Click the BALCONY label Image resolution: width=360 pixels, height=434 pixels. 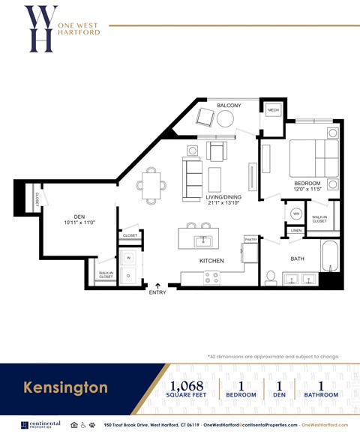coord(229,106)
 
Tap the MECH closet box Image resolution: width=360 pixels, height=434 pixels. coord(273,111)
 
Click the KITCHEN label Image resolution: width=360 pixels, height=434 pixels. coord(211,260)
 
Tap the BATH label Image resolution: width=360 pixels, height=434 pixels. coord(298,259)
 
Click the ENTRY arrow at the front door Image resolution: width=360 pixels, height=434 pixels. coord(158,285)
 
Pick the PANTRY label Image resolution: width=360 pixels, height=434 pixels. coord(250,239)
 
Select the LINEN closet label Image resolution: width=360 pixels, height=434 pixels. coord(296,230)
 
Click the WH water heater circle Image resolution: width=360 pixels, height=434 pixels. coord(296,214)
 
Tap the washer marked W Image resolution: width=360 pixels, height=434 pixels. coord(128,258)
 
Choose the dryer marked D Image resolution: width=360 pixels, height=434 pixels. coord(128,275)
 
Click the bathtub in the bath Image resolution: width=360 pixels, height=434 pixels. coord(330,256)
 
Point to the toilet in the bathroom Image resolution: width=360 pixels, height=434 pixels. coord(271,277)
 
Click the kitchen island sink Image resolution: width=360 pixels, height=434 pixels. coord(201,241)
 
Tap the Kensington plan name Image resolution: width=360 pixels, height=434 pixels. coord(65,388)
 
